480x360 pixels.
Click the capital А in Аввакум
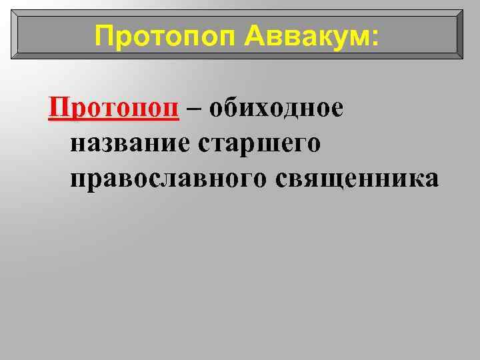click(253, 35)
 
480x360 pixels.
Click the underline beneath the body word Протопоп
click(114, 119)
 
